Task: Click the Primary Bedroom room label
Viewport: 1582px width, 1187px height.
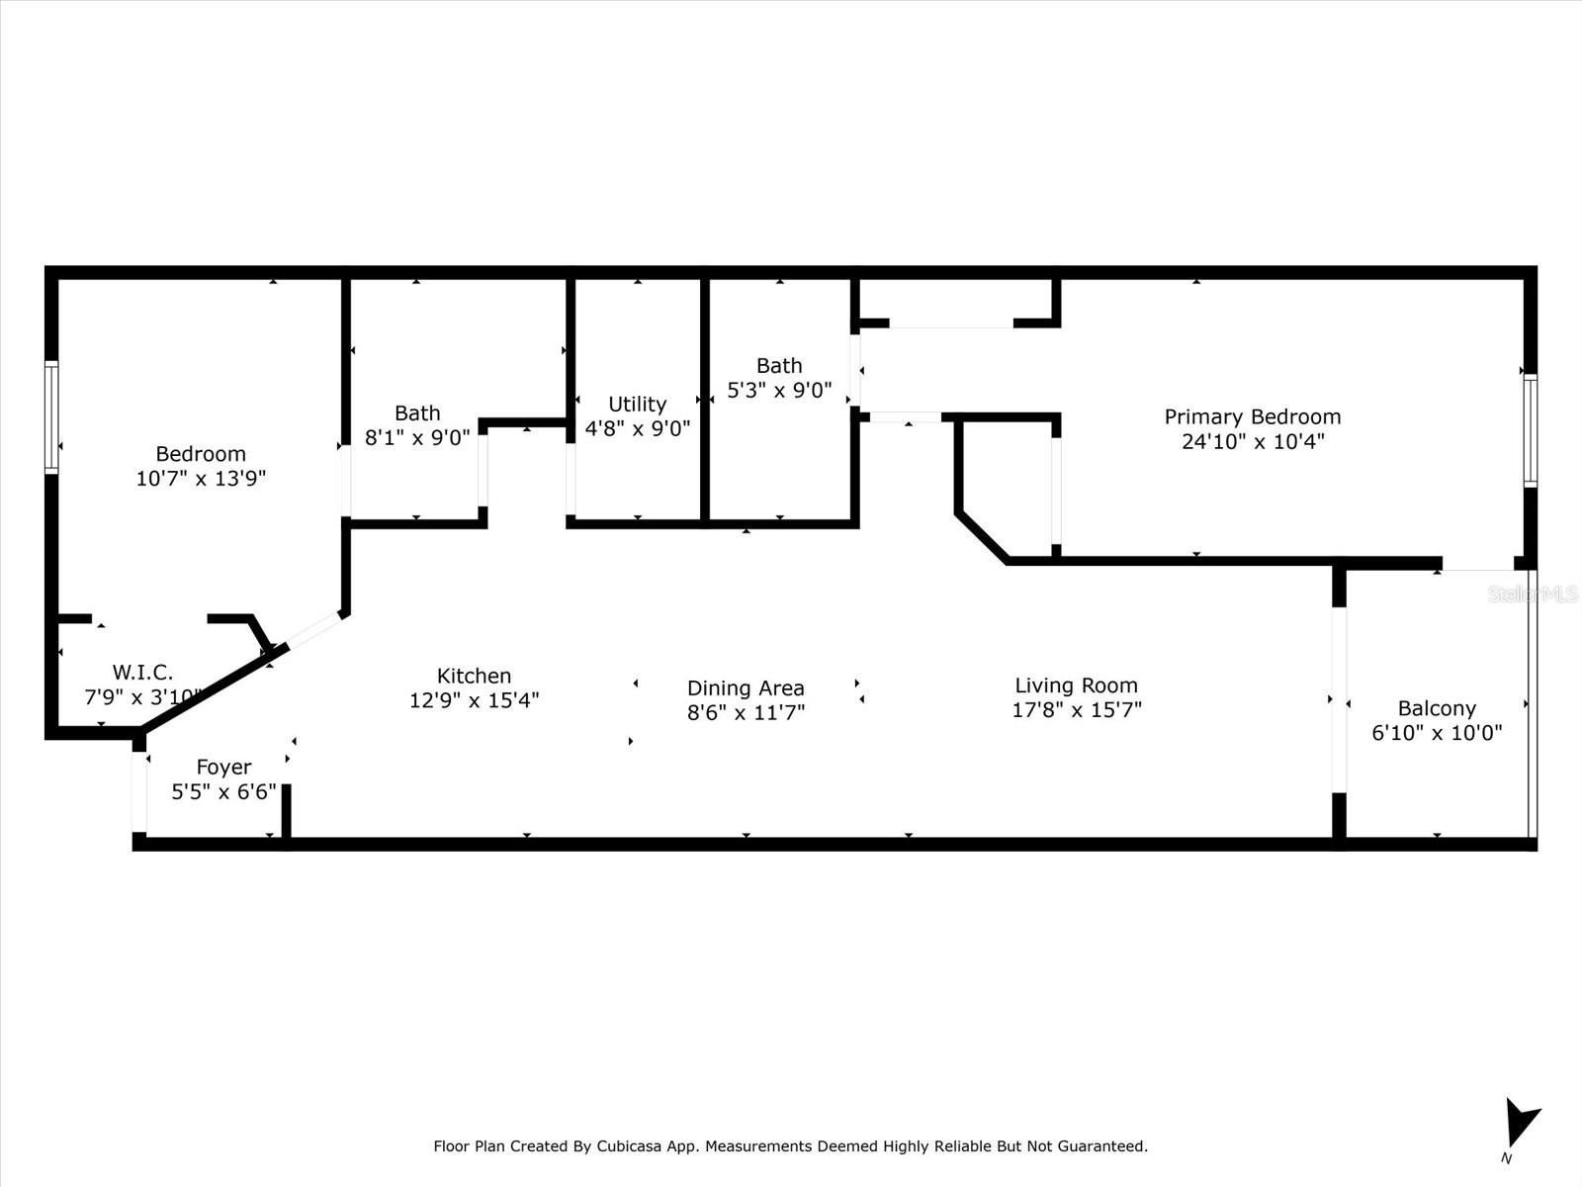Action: point(1253,416)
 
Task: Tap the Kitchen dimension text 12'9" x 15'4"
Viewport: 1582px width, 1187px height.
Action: point(475,700)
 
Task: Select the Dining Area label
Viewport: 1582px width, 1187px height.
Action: point(746,688)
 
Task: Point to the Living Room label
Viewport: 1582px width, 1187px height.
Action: point(1076,685)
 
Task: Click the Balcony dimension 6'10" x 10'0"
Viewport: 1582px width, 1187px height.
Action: point(1437,733)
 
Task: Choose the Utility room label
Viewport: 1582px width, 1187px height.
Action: point(637,405)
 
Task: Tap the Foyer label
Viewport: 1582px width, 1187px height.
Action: point(223,767)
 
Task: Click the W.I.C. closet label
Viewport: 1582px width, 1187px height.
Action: point(142,673)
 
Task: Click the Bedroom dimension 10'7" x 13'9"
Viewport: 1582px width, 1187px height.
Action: point(201,479)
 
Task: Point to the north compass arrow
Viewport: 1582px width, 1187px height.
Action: point(1521,1122)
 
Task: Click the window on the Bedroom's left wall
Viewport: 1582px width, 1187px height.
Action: point(51,418)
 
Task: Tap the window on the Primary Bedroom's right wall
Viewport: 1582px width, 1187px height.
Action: point(1531,430)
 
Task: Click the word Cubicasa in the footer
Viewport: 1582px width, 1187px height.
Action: point(629,1145)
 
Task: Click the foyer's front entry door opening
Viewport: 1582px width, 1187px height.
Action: point(139,792)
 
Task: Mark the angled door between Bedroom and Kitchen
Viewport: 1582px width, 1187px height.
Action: point(315,629)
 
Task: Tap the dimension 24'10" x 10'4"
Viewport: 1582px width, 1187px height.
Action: point(1253,441)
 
